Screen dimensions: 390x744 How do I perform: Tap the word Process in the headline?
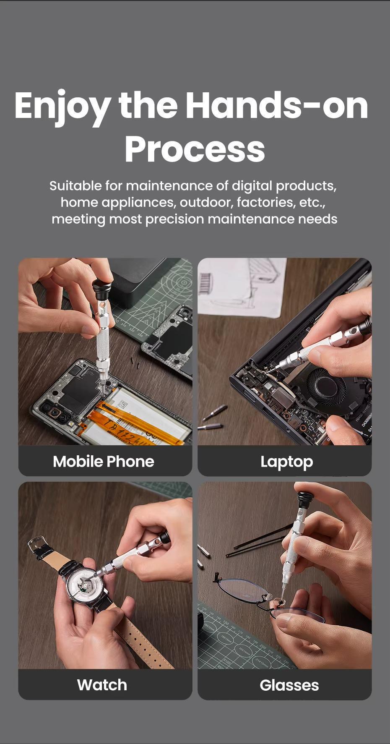195,149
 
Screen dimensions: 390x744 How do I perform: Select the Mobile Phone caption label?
103,462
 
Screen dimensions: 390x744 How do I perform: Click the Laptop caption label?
287,462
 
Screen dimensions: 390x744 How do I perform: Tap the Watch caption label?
102,685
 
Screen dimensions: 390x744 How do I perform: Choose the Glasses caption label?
289,685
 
